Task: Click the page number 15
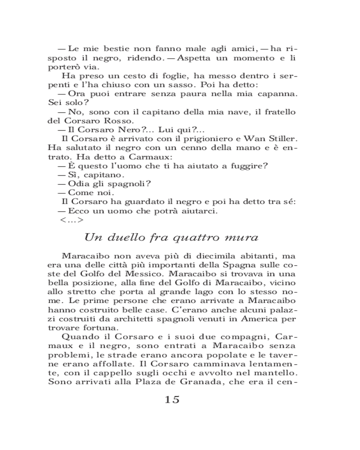[172, 399]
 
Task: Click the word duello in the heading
[126, 237]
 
